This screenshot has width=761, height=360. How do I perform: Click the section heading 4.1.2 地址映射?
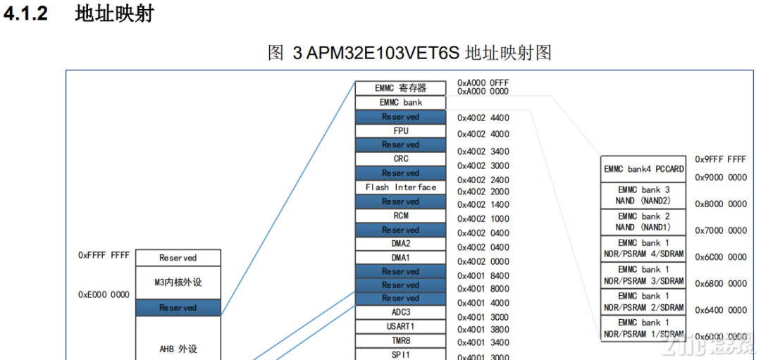[78, 15]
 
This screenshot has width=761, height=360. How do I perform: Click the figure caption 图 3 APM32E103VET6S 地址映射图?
[409, 53]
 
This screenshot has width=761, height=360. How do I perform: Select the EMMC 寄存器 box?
[400, 88]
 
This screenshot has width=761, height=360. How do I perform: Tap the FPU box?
[400, 130]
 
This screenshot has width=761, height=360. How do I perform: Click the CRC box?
[400, 159]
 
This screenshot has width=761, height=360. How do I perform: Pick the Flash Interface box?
[400, 187]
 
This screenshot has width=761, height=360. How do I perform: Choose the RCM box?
[400, 216]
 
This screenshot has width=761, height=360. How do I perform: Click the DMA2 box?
[400, 244]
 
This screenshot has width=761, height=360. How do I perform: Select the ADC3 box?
[400, 311]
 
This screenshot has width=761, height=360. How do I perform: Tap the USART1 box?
[400, 325]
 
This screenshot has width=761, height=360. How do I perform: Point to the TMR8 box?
[400, 340]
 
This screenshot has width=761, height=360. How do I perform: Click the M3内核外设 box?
[178, 283]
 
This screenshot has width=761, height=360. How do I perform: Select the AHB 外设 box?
[178, 348]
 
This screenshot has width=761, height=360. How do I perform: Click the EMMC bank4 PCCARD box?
[643, 169]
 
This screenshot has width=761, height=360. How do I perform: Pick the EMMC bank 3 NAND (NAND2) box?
[643, 195]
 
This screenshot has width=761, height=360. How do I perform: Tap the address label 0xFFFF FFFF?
[104, 256]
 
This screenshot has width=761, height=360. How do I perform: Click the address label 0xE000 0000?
[104, 294]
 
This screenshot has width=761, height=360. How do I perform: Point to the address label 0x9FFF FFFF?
[720, 159]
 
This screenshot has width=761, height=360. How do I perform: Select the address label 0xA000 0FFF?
[483, 82]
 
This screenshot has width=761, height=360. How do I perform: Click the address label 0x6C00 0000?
[720, 257]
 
